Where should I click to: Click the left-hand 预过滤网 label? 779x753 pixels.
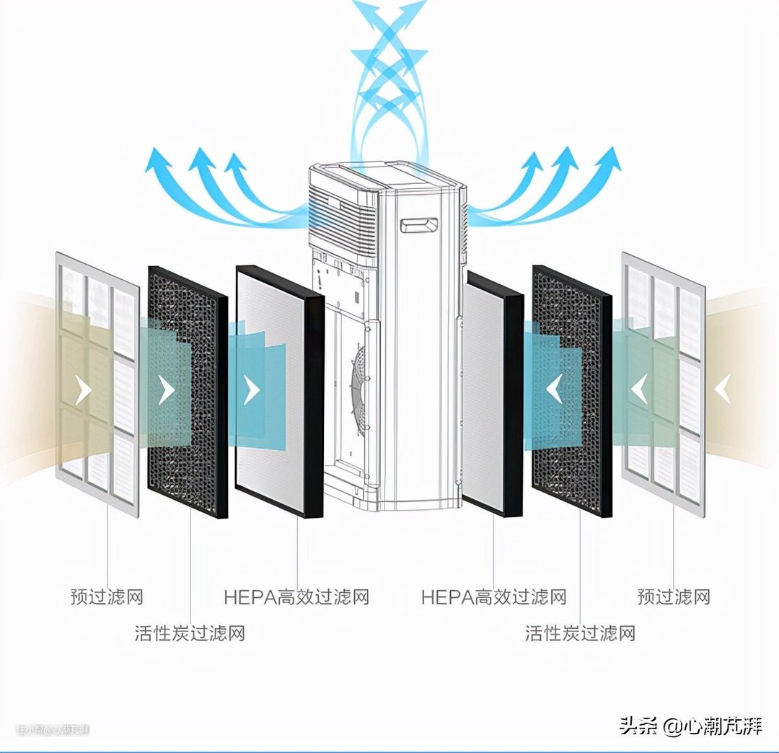coord(107,596)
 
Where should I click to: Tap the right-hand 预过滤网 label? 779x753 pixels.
coord(674,596)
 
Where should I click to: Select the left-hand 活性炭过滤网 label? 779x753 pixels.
coord(190,633)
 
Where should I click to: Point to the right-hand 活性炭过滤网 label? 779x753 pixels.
coord(580,633)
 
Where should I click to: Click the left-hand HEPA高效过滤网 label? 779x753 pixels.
coord(296,596)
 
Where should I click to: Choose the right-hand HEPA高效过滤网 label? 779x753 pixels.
coord(494,596)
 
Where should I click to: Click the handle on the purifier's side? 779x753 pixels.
coord(419,226)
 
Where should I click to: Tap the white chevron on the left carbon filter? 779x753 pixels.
coord(167,390)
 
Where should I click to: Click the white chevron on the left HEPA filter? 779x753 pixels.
coord(251,390)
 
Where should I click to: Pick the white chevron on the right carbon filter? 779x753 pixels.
coord(554,390)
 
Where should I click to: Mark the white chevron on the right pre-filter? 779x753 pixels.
coord(638,390)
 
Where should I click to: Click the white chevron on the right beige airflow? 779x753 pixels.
coord(722,390)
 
